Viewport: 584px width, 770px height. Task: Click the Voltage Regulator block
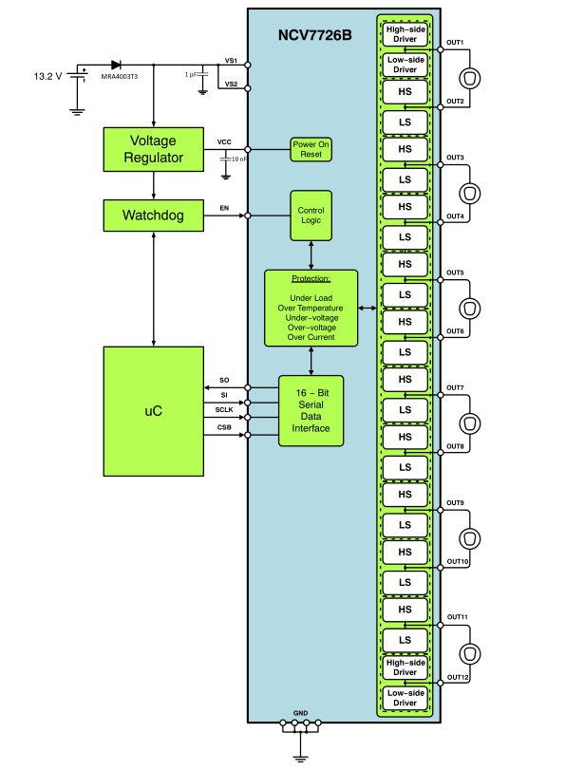coord(154,149)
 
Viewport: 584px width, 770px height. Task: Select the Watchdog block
coord(154,216)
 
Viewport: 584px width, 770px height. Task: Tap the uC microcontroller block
coord(154,410)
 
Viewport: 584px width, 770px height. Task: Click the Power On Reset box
coord(311,149)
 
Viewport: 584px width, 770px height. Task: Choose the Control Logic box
coord(311,215)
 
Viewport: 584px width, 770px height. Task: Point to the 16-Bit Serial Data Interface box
coord(311,410)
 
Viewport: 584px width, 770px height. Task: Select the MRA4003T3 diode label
coord(121,77)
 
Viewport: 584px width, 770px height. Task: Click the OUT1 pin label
coord(455,43)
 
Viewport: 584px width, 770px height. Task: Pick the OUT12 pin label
coord(457,677)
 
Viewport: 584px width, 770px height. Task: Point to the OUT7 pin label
coord(455,387)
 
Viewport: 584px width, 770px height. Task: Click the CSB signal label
coord(224,427)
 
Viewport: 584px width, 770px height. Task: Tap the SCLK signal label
coord(224,409)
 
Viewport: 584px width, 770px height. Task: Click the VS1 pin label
coord(231,60)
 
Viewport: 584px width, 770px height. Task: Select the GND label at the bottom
coord(301,712)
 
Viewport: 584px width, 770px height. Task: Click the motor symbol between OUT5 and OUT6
coord(468,309)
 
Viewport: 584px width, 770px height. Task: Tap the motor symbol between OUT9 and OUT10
coord(468,538)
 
